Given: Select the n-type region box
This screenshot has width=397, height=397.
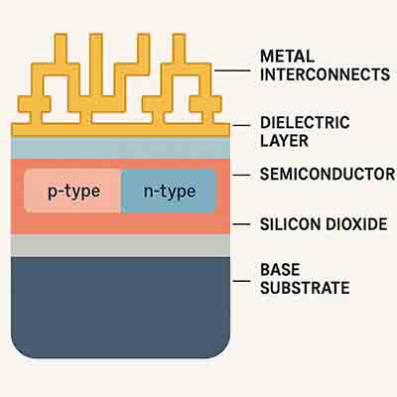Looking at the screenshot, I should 169,190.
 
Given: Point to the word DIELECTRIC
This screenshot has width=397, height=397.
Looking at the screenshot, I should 305,122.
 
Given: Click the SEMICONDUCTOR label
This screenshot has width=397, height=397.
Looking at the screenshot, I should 327,175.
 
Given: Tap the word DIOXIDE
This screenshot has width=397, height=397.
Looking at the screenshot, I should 351,225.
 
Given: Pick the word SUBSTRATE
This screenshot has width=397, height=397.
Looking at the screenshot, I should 304,289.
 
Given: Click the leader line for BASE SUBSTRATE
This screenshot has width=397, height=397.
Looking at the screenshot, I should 242,279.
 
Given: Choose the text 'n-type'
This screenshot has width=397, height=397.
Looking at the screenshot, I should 169,190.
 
